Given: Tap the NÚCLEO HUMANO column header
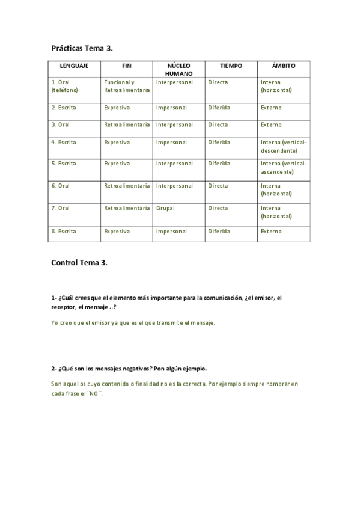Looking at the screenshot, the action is (x=178, y=69).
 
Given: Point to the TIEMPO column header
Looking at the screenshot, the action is (x=231, y=66).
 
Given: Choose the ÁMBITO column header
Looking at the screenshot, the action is (x=283, y=66).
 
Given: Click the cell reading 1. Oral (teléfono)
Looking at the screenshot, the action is (x=66, y=86).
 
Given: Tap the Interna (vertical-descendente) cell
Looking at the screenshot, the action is (x=283, y=146).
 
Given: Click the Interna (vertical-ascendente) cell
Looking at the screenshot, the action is (x=283, y=167).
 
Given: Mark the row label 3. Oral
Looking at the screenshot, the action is (x=61, y=124).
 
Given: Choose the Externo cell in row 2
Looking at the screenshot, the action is (x=271, y=108).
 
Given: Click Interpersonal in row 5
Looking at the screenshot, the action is (x=174, y=164).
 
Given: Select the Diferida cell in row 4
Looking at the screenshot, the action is (x=219, y=143).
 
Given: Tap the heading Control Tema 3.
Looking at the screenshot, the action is (x=79, y=263).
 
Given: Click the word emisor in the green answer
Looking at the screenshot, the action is (x=102, y=322).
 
